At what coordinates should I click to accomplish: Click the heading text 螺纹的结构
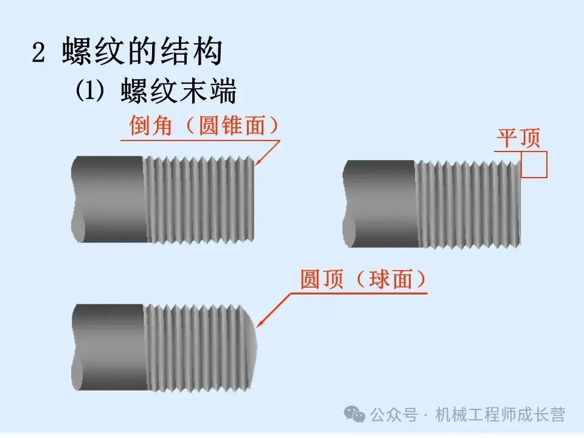pos(142,53)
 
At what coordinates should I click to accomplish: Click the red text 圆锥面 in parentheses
pos(232,127)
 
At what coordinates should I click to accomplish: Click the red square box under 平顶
pos(535,165)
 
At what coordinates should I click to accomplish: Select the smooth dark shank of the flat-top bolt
pos(380,203)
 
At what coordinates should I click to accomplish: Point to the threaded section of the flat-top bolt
pos(468,203)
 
